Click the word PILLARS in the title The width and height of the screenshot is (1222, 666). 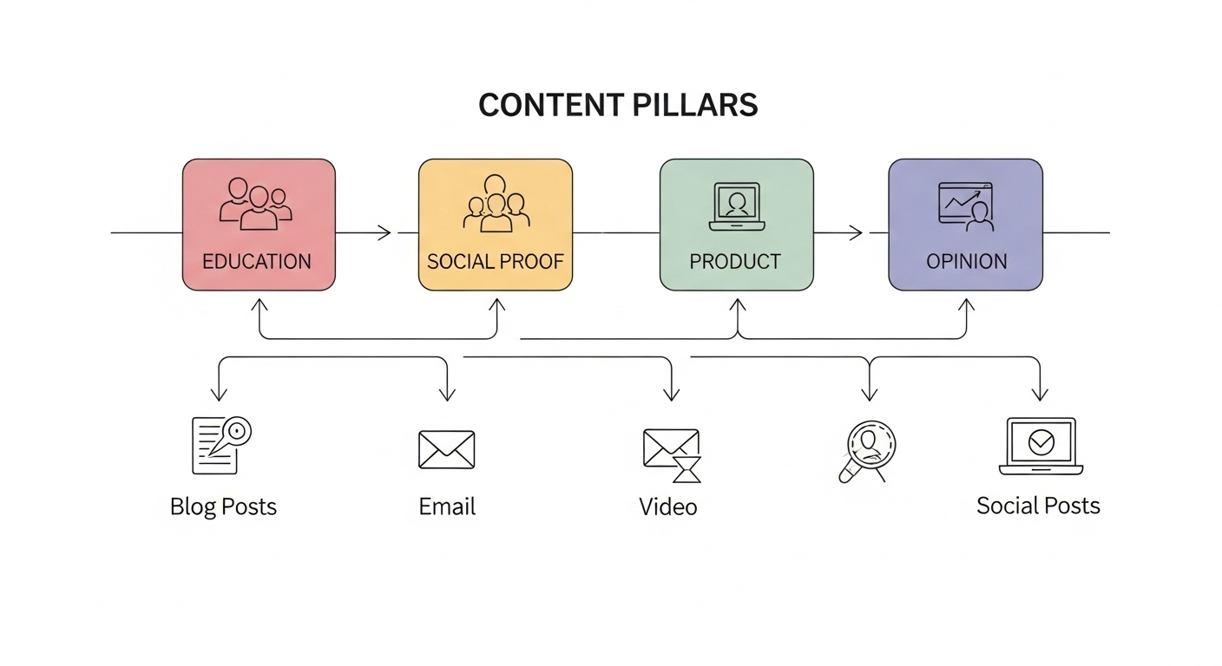[689, 105]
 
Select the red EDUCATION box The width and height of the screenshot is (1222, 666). [258, 225]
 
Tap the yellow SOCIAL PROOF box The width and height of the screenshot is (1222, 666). [495, 225]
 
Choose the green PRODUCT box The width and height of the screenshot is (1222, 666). [736, 225]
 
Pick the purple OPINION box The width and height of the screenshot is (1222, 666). [965, 225]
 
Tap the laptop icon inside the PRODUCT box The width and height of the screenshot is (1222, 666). [736, 206]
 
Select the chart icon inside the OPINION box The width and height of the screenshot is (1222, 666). [966, 206]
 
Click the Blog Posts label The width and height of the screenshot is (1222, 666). [223, 506]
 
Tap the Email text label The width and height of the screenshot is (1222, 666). [447, 506]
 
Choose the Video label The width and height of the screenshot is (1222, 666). [668, 506]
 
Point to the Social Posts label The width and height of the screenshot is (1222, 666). [1038, 506]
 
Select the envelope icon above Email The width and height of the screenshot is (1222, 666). [447, 449]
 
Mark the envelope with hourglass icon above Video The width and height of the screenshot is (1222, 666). [672, 454]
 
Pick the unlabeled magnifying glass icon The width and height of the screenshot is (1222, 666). [868, 450]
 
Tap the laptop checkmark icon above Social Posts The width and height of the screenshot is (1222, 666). [1041, 446]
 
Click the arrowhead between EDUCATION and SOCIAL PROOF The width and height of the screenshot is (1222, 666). [385, 232]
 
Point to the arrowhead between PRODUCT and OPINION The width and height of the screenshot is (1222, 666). [857, 232]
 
